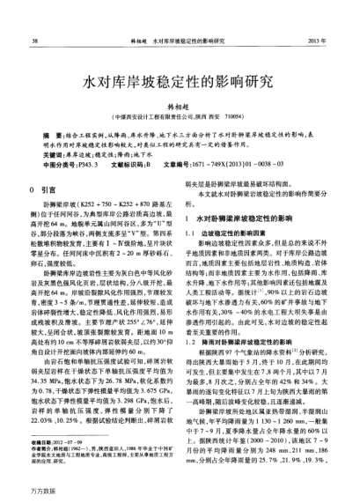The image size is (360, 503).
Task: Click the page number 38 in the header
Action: point(34,41)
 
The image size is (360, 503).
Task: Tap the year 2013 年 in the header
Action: point(318,41)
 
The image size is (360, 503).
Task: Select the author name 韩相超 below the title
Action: point(180,105)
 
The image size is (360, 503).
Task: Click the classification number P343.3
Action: point(91,164)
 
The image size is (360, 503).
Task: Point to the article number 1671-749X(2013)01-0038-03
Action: point(248,164)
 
